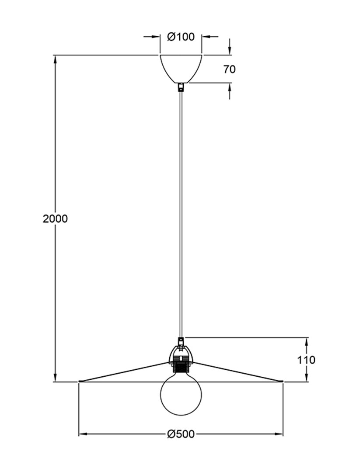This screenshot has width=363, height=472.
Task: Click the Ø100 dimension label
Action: point(181,37)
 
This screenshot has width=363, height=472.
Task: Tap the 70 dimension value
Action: point(229,69)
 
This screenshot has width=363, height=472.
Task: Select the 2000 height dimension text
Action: point(55,219)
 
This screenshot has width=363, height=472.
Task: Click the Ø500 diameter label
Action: point(181,434)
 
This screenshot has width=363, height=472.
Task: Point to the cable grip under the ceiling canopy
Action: point(181,87)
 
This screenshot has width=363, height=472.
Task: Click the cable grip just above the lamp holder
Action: point(181,341)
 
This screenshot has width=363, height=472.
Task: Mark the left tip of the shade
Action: point(79,382)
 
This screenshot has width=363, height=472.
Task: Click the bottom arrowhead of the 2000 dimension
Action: point(55,378)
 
